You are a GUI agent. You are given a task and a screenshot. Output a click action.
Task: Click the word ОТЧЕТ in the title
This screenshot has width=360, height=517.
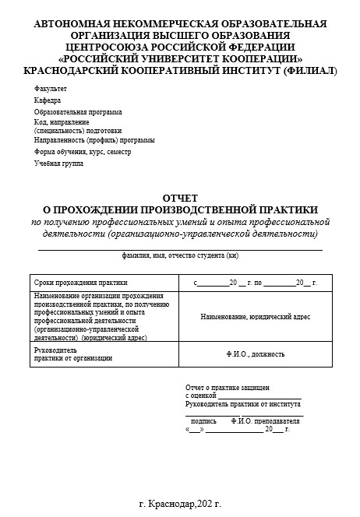click(x=180, y=198)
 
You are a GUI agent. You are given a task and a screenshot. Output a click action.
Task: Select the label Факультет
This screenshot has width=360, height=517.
click(x=50, y=90)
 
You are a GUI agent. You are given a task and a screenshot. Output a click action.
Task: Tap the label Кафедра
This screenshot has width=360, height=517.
click(x=47, y=100)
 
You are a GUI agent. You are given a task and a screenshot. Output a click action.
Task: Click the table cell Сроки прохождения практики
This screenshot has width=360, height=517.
click(x=80, y=282)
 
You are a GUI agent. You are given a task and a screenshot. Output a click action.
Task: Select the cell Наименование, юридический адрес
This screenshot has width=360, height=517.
click(x=255, y=317)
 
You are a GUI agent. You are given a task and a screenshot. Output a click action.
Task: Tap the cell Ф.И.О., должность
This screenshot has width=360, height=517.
click(x=255, y=354)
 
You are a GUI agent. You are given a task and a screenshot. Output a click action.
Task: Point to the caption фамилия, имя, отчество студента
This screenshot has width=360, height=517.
click(x=180, y=255)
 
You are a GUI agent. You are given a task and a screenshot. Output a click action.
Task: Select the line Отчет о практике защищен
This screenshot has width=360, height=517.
click(x=228, y=387)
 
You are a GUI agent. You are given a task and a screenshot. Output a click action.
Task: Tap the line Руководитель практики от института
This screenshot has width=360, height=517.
click(x=242, y=404)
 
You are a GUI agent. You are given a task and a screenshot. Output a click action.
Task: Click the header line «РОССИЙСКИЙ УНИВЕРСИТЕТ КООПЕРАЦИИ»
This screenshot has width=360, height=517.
click(x=180, y=58)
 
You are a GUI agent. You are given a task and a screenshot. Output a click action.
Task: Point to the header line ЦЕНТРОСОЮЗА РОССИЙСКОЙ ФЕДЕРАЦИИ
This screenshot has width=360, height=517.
click(x=180, y=47)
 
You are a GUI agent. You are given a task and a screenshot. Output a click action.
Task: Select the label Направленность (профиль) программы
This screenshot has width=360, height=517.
click(x=94, y=140)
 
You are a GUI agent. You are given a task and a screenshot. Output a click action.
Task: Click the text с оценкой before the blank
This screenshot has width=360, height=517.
click(x=200, y=396)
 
